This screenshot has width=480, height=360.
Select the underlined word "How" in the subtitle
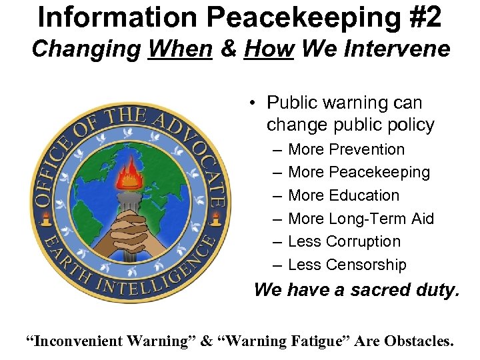coord(269,49)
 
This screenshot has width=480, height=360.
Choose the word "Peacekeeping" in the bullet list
coord(379,173)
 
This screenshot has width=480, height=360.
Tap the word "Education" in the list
coord(364,195)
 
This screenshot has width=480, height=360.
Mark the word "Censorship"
coord(365,265)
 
